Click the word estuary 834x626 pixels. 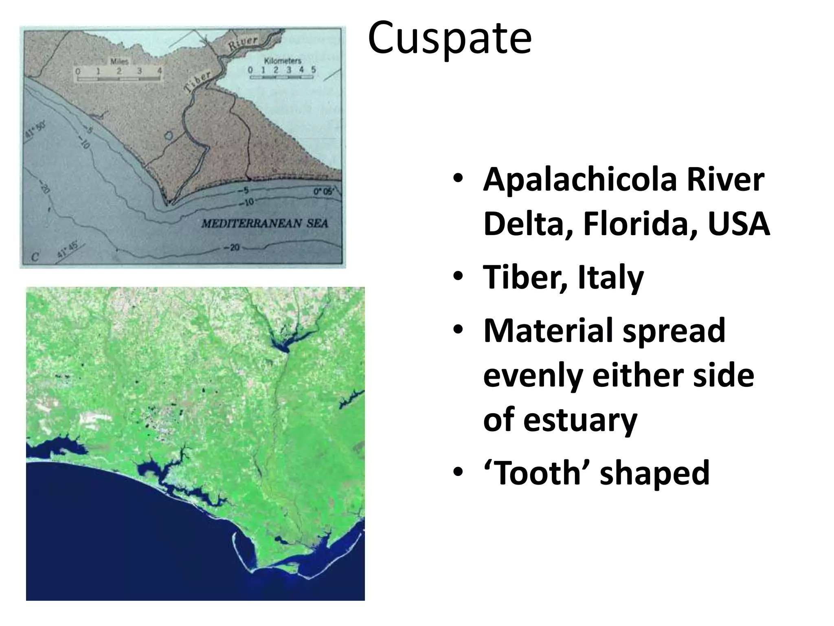[x=580, y=420]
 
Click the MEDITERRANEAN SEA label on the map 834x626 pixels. [x=265, y=223]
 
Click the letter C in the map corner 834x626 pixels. [x=35, y=257]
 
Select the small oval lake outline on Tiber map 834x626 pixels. [x=168, y=134]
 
